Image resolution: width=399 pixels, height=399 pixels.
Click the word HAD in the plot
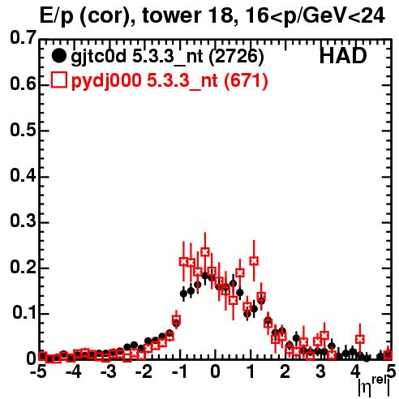tap(343, 56)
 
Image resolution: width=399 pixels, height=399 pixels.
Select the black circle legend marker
tap(58, 56)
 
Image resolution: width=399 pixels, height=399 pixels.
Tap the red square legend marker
tap(58, 79)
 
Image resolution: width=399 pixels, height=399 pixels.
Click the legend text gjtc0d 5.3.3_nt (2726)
tap(167, 57)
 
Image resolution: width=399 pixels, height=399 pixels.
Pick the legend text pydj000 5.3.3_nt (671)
tap(169, 81)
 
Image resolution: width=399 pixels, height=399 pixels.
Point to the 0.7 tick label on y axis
tap(23, 38)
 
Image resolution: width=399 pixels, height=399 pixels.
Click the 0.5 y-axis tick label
tap(23, 131)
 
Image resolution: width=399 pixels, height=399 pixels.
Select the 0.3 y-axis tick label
tap(23, 221)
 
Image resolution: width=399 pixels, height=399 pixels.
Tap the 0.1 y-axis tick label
tap(24, 312)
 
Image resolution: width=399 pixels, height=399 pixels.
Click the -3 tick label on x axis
tap(109, 372)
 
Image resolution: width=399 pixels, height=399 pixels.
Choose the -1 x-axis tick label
tap(179, 372)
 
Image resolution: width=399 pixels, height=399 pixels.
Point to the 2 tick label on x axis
tap(285, 372)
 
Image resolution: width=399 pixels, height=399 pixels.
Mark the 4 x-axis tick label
tap(355, 372)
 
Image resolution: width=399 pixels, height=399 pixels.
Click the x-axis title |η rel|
tap(374, 386)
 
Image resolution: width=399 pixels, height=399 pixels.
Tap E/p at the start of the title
tap(57, 17)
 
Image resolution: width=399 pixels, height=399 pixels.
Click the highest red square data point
tap(205, 252)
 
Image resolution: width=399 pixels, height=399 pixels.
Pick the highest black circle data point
tap(205, 276)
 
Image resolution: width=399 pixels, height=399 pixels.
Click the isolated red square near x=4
tap(359, 339)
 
